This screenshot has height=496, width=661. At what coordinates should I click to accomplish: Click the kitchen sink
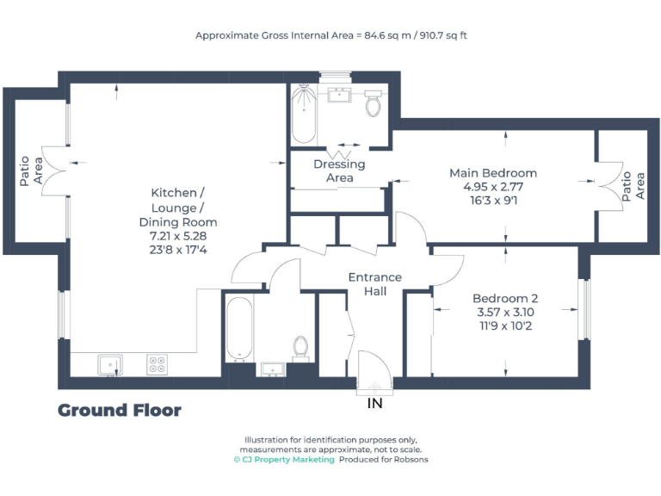[109, 365]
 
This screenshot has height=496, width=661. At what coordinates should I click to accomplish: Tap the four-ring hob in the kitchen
[157, 365]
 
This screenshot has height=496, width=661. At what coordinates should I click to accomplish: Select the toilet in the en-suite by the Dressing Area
[374, 103]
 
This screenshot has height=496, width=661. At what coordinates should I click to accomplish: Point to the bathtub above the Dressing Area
[303, 115]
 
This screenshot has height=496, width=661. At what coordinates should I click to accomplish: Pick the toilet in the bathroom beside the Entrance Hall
[300, 347]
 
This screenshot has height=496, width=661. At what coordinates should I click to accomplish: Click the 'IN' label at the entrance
[374, 403]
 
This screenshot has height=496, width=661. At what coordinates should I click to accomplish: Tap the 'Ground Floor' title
[120, 411]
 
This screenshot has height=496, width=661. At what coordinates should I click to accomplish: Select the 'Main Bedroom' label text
[493, 173]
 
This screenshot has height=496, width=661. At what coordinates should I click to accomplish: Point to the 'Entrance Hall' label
[374, 284]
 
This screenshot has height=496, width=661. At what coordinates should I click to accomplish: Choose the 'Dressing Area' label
[339, 170]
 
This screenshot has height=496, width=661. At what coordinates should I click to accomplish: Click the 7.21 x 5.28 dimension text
[178, 235]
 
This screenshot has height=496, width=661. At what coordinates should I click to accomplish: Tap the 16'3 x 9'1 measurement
[493, 200]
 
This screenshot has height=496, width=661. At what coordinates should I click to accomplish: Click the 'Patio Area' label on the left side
[31, 170]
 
